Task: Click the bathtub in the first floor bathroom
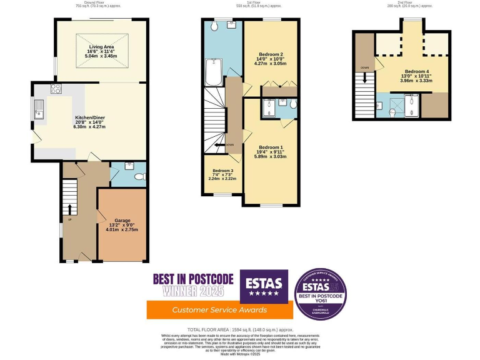[212, 72]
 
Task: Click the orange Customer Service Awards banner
[219, 310]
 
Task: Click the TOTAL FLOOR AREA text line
[240, 329]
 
